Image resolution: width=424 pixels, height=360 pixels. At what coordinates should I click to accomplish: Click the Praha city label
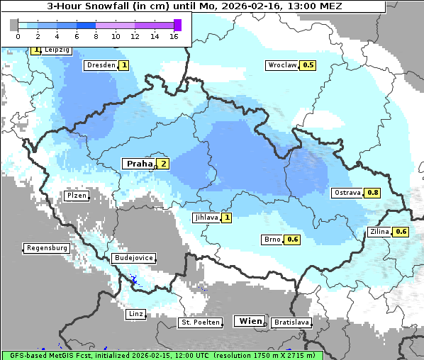(139, 164)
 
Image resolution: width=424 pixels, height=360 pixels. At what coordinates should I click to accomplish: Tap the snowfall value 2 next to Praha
(163, 164)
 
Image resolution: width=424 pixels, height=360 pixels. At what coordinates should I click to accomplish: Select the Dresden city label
(100, 65)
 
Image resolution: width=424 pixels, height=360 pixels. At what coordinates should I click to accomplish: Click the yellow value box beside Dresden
(124, 65)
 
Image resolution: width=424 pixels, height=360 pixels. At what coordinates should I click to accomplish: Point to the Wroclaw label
(281, 65)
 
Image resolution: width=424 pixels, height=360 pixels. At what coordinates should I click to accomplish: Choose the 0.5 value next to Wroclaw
(308, 65)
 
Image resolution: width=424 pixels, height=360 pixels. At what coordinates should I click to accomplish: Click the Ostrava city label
(347, 193)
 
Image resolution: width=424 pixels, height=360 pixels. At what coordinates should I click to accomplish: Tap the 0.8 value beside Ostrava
(373, 193)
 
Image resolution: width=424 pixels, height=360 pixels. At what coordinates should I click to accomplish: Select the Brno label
(272, 240)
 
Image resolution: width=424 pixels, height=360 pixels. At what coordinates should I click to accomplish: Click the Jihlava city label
(206, 218)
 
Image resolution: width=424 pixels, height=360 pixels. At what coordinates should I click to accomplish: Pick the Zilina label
(379, 232)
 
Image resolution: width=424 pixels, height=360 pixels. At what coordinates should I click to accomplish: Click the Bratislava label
(291, 322)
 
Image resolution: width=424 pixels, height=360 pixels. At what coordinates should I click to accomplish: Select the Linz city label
(136, 313)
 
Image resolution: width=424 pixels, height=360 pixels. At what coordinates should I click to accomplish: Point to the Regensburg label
(47, 248)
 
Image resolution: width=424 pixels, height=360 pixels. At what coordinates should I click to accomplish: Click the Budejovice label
(134, 258)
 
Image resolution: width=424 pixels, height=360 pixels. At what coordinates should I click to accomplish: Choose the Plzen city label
(76, 195)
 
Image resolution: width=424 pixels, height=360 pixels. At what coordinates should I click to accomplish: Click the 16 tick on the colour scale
(174, 35)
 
